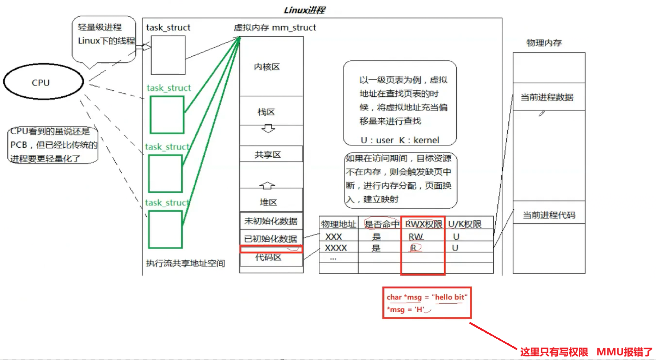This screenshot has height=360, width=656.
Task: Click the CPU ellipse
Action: click(43, 82)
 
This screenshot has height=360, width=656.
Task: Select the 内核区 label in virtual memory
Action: click(267, 67)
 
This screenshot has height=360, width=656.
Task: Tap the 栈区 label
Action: click(266, 112)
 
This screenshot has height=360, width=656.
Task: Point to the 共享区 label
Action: click(268, 155)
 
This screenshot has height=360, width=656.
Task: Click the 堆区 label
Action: click(268, 202)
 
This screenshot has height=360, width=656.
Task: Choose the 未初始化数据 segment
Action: click(271, 221)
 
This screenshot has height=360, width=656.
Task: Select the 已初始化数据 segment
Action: click(270, 239)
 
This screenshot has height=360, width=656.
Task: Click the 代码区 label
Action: click(268, 257)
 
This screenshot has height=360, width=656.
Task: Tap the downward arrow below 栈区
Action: click(268, 129)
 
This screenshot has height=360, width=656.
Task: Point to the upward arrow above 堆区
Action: click(267, 185)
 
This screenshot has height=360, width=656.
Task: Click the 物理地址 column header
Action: click(338, 224)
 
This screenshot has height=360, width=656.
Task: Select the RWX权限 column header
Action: click(424, 224)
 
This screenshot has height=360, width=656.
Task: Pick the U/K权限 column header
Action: click(465, 224)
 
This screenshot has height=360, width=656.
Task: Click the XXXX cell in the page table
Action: click(335, 248)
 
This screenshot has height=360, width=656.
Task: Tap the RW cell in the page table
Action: click(416, 237)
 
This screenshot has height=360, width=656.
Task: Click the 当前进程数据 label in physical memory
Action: click(547, 97)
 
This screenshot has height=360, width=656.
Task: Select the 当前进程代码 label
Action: click(549, 215)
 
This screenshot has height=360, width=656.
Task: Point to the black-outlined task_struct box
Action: click(168, 55)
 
